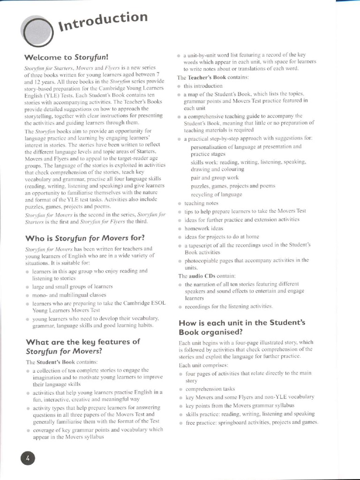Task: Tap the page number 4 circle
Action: click(28, 458)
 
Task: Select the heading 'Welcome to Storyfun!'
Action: click(66, 58)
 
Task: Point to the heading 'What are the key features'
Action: click(82, 341)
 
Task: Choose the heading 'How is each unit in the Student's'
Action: click(242, 322)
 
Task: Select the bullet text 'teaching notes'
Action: click(201, 203)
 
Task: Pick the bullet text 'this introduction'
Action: click(203, 86)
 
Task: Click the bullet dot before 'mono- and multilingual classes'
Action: click(28, 295)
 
